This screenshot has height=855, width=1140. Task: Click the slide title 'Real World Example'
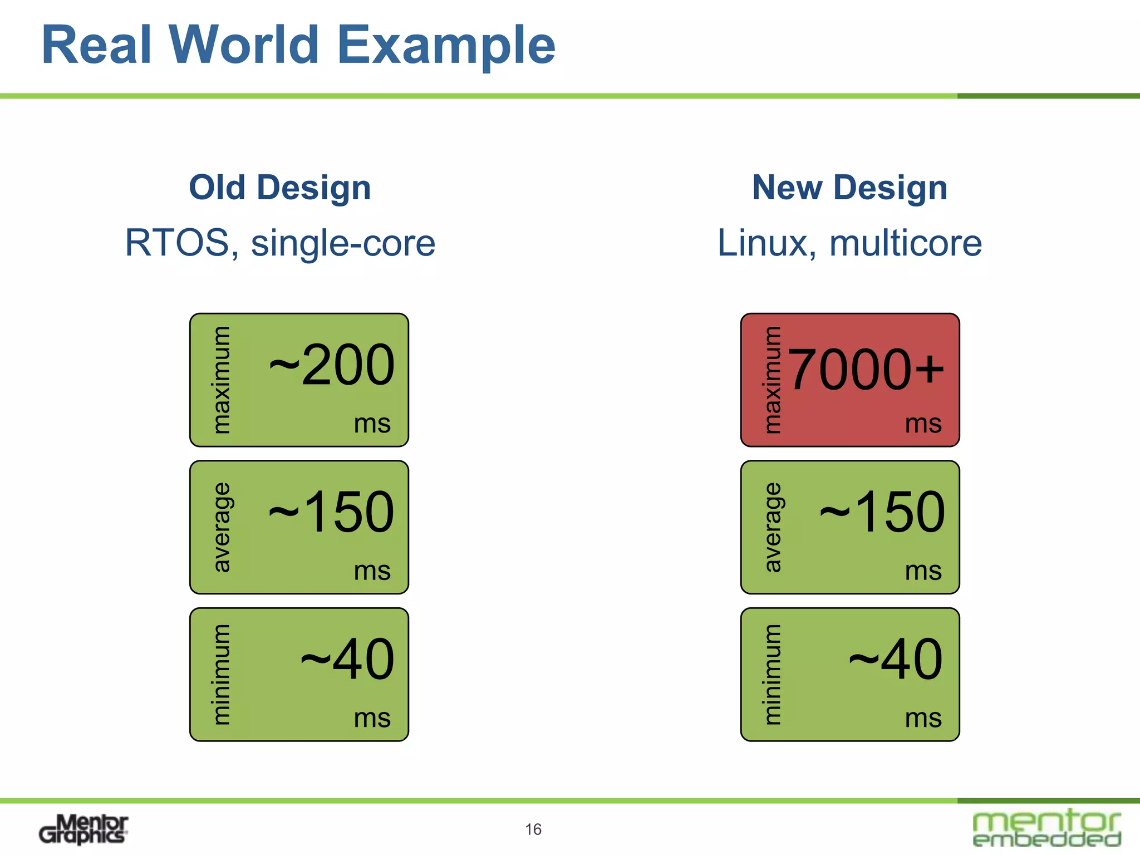tap(298, 46)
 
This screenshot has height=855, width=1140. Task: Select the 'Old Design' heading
tap(280, 188)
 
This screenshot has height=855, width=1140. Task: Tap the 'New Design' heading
tap(849, 188)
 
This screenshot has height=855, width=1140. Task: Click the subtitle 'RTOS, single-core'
tap(280, 243)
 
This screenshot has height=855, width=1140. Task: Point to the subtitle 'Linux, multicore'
tap(849, 243)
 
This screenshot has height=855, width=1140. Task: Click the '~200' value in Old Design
tap(332, 365)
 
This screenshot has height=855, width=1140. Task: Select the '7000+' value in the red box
tap(866, 370)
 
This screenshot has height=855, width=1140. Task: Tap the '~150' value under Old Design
tap(332, 512)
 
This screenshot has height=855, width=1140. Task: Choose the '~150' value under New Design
tap(883, 512)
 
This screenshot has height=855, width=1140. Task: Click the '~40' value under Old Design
tap(348, 660)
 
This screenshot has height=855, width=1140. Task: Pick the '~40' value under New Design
tap(896, 660)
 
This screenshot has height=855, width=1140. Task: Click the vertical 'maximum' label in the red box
tap(773, 380)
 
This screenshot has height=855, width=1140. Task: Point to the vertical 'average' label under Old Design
tap(222, 527)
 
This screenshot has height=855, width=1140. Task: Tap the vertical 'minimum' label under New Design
tap(773, 675)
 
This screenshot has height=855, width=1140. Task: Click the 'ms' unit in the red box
tap(923, 424)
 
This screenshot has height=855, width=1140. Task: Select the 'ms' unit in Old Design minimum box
tap(372, 718)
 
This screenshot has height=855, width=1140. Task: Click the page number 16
tap(533, 829)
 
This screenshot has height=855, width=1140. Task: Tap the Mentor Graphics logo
tap(83, 829)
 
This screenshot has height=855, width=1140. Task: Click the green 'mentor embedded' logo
tap(1046, 828)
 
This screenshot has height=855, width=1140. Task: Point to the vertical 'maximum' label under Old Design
tap(222, 380)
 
